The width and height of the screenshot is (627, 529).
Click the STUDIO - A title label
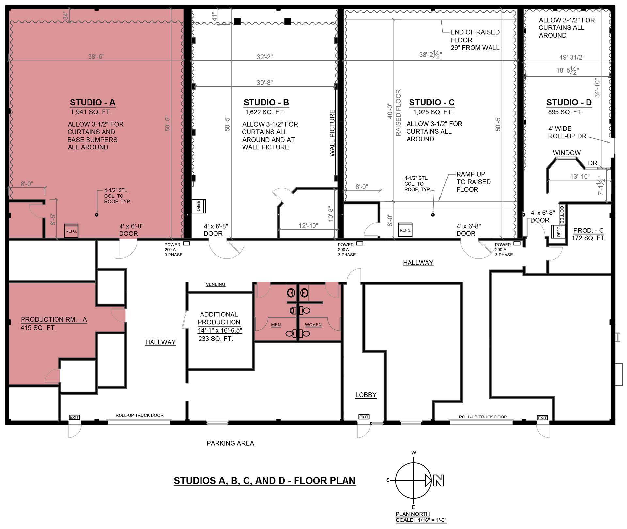tap(92, 102)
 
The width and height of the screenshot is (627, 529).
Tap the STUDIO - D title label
tap(569, 102)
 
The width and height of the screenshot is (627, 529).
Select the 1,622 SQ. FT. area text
tap(265, 112)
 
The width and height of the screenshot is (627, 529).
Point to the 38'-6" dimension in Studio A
tap(96, 57)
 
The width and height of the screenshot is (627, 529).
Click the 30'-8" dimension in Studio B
tap(265, 83)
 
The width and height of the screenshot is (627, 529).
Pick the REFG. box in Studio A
tap(71, 231)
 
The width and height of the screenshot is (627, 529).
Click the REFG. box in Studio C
tap(405, 230)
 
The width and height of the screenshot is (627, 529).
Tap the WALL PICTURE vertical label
tap(332, 133)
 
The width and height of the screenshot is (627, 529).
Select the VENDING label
tap(216, 284)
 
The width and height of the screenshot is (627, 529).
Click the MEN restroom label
tap(276, 325)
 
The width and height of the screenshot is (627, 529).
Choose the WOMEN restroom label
tap(313, 325)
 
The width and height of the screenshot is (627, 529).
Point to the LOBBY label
tap(366, 395)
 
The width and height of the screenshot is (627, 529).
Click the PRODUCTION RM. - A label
tap(54, 319)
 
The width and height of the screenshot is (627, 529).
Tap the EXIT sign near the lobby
tap(364, 417)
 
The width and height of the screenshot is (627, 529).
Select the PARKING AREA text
tap(230, 443)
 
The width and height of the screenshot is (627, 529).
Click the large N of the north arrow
tap(439, 481)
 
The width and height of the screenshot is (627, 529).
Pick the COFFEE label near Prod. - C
tap(562, 215)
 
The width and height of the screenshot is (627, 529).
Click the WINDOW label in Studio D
tap(567, 153)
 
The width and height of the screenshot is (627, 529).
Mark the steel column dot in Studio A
tap(96, 215)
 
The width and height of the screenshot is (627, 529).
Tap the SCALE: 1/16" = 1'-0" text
tap(421, 520)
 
